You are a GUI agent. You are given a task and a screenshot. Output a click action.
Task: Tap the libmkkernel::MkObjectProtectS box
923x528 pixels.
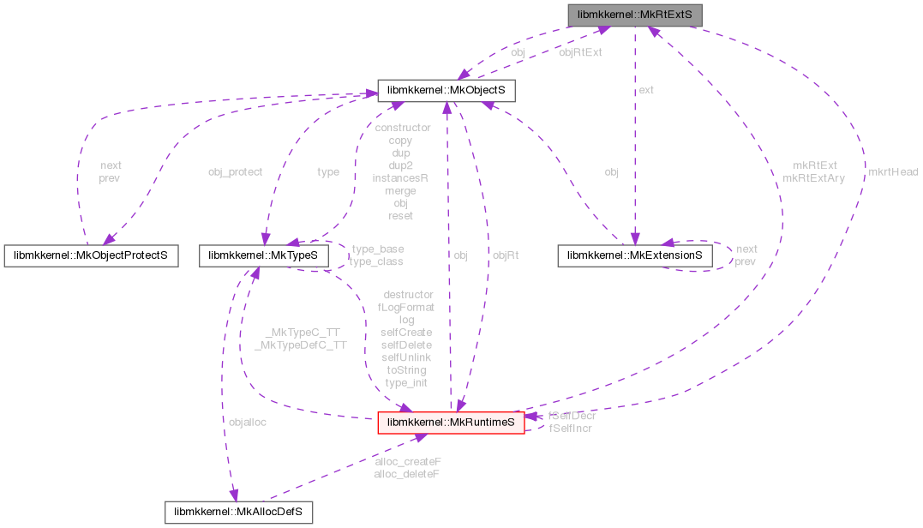91,255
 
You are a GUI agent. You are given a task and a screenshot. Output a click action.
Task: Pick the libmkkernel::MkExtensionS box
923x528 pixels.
634,255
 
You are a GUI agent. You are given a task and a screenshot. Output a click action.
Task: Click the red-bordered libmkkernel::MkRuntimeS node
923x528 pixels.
451,423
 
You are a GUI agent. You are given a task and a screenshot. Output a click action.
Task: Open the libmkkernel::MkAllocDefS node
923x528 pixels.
238,513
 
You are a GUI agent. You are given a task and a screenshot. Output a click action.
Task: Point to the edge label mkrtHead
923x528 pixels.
892,171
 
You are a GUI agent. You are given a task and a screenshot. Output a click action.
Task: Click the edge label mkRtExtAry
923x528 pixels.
813,178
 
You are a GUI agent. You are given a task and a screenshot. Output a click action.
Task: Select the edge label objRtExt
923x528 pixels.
580,52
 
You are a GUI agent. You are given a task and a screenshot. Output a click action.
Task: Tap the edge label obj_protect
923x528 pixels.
235,171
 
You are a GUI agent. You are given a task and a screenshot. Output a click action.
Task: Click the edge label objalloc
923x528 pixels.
247,422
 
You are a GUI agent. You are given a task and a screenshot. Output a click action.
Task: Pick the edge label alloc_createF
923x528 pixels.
408,461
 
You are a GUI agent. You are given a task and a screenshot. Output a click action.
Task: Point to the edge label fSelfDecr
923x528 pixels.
572,416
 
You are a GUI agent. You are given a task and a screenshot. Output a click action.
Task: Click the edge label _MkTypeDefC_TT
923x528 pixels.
300,345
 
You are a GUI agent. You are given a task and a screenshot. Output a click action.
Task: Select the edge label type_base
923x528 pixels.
377,249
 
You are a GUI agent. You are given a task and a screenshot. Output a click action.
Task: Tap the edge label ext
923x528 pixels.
646,89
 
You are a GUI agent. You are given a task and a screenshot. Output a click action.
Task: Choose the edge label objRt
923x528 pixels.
506,255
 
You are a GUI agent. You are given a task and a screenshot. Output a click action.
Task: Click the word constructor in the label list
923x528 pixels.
403,127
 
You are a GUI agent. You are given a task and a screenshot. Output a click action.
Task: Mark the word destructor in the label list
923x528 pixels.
408,294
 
